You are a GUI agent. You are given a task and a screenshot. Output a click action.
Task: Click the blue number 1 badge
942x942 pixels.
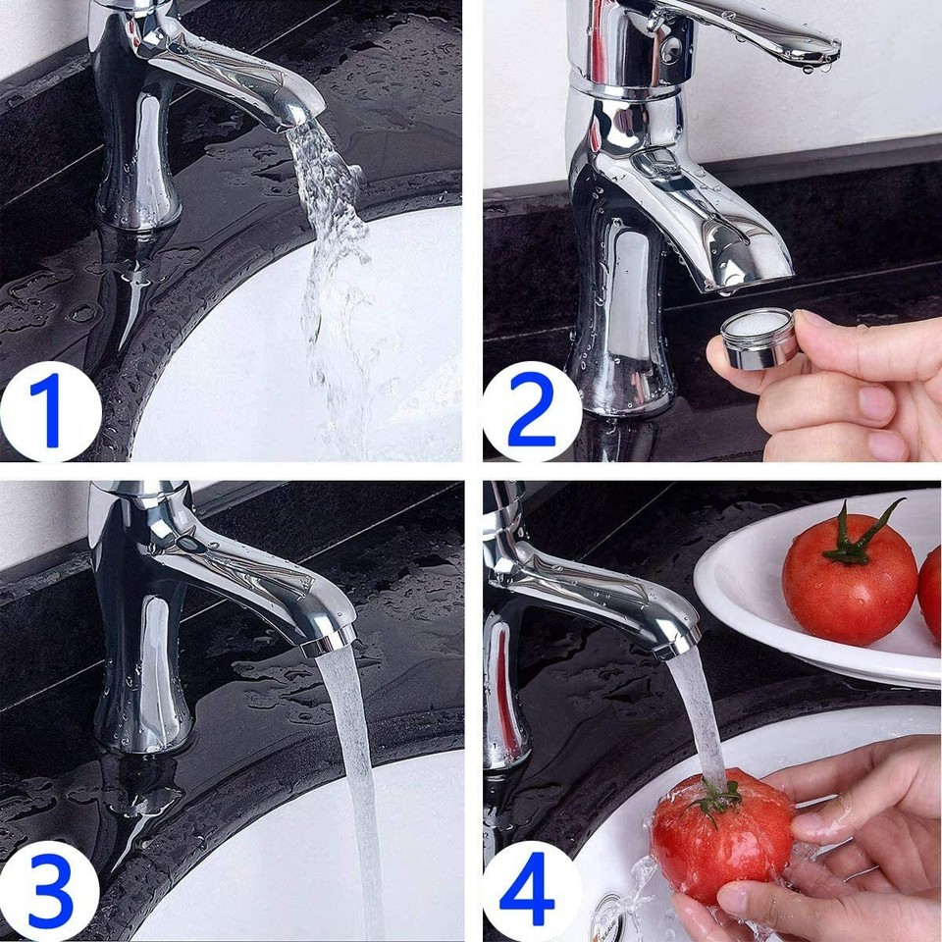point(49,410)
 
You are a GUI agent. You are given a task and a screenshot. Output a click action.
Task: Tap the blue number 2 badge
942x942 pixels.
point(531,410)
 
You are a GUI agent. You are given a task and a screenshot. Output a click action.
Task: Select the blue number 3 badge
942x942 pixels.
point(49,891)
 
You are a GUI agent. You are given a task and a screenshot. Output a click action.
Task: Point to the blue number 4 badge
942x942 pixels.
point(531,891)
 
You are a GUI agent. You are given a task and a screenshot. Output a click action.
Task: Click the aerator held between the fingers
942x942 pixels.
point(759,339)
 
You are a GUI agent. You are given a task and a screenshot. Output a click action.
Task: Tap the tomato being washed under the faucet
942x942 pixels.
point(721,834)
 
